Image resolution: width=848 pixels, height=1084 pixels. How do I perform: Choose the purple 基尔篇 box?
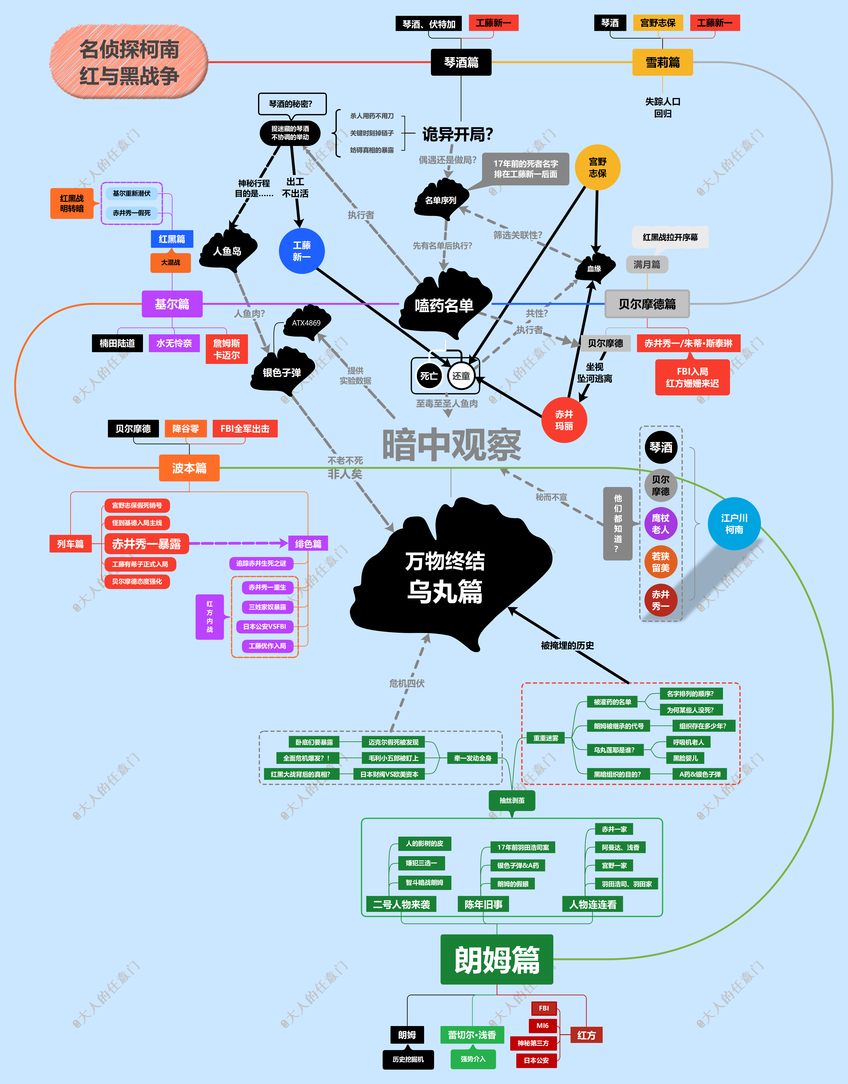coord(172,303)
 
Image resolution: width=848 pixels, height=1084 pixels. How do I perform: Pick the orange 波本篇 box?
coord(189,468)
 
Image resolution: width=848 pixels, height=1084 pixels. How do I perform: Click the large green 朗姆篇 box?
coord(497,959)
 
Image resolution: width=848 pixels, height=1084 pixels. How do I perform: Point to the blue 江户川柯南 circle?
coord(734,523)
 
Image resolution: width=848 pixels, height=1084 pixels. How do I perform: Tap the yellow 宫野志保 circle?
coord(597,167)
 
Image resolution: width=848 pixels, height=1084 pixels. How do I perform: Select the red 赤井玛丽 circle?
coord(564,420)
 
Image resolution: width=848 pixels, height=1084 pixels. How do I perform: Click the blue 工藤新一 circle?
coord(301,251)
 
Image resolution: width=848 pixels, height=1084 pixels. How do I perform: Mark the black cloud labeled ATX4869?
coord(306,323)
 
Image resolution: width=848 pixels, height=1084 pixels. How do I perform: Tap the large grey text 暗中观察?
coord(451,444)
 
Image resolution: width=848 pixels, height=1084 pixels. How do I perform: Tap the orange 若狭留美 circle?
coord(660,562)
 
